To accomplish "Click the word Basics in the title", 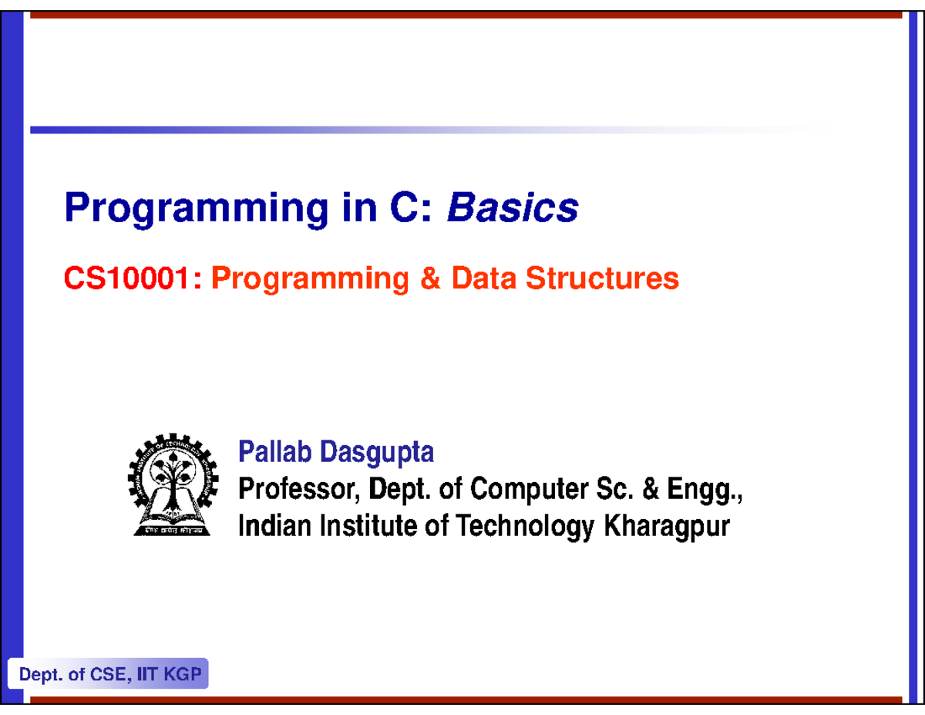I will click(x=513, y=207).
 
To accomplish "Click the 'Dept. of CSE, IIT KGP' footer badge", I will click(x=109, y=676).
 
